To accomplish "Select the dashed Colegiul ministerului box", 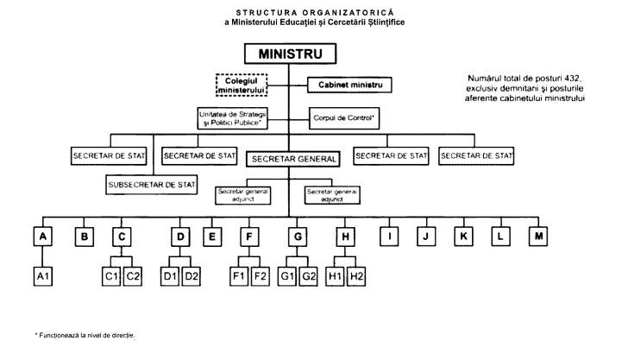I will point(242,85).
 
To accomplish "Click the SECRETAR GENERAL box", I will point(294,159).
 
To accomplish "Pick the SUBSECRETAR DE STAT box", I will point(152,185).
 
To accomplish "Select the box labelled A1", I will point(42,276).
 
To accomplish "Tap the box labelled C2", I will point(133,276).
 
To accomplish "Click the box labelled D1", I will point(171,276).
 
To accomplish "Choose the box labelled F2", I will point(261,276).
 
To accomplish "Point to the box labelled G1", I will point(288,276).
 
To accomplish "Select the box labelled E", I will point(210,235).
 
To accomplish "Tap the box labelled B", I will point(85,235).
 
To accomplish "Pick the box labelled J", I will point(424,235).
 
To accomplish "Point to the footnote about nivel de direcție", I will point(85,334).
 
